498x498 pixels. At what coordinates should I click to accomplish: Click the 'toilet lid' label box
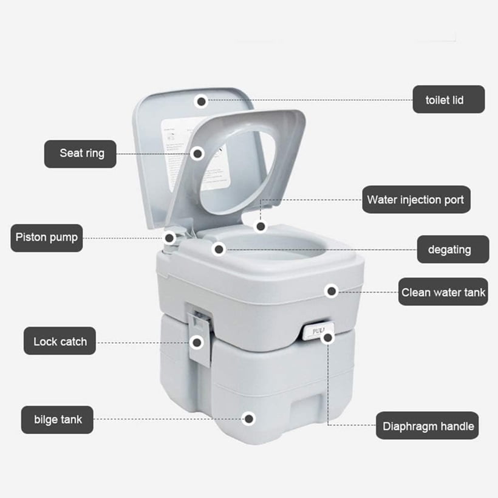pos(449,99)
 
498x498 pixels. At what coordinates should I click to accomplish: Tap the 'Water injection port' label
pos(416,199)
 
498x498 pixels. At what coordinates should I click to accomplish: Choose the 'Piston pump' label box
pos(47,237)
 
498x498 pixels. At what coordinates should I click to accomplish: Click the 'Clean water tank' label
pos(443,292)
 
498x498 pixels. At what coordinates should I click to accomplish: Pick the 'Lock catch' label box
pos(60,341)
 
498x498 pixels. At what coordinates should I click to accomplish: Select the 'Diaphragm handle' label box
pos(428,426)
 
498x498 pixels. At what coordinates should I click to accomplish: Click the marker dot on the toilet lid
pos(202,101)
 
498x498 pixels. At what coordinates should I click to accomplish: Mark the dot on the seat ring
pos(197,154)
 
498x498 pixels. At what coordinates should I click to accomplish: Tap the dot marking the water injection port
pos(261,227)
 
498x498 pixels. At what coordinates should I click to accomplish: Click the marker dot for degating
pos(219,248)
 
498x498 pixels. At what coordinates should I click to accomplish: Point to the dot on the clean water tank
pos(332,292)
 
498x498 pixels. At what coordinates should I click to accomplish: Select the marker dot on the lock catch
pos(196,343)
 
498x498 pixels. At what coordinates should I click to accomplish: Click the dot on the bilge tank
pos(248,418)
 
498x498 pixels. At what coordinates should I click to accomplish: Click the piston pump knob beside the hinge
pos(169,238)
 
